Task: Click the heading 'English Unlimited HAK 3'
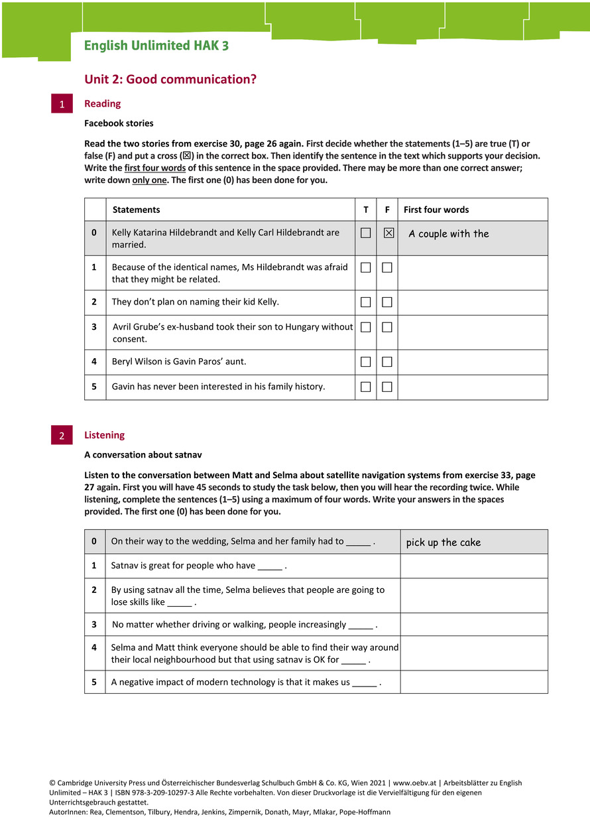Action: click(156, 46)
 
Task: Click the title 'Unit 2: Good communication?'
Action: click(170, 80)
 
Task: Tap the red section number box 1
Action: click(62, 104)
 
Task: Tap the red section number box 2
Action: click(62, 436)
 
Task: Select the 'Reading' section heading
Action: click(103, 103)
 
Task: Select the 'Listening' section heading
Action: click(104, 435)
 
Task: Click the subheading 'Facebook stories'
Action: click(119, 123)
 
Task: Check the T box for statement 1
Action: click(366, 267)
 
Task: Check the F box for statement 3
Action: click(387, 327)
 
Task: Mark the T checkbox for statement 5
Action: click(366, 387)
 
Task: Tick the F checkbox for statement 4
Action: click(387, 361)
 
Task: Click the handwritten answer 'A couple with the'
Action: click(449, 233)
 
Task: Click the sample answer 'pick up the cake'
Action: click(443, 543)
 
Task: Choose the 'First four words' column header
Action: click(436, 210)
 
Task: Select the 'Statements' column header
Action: click(136, 210)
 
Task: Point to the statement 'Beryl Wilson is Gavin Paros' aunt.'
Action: click(179, 361)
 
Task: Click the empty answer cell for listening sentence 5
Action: click(473, 682)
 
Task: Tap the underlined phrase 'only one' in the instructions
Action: click(149, 180)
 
